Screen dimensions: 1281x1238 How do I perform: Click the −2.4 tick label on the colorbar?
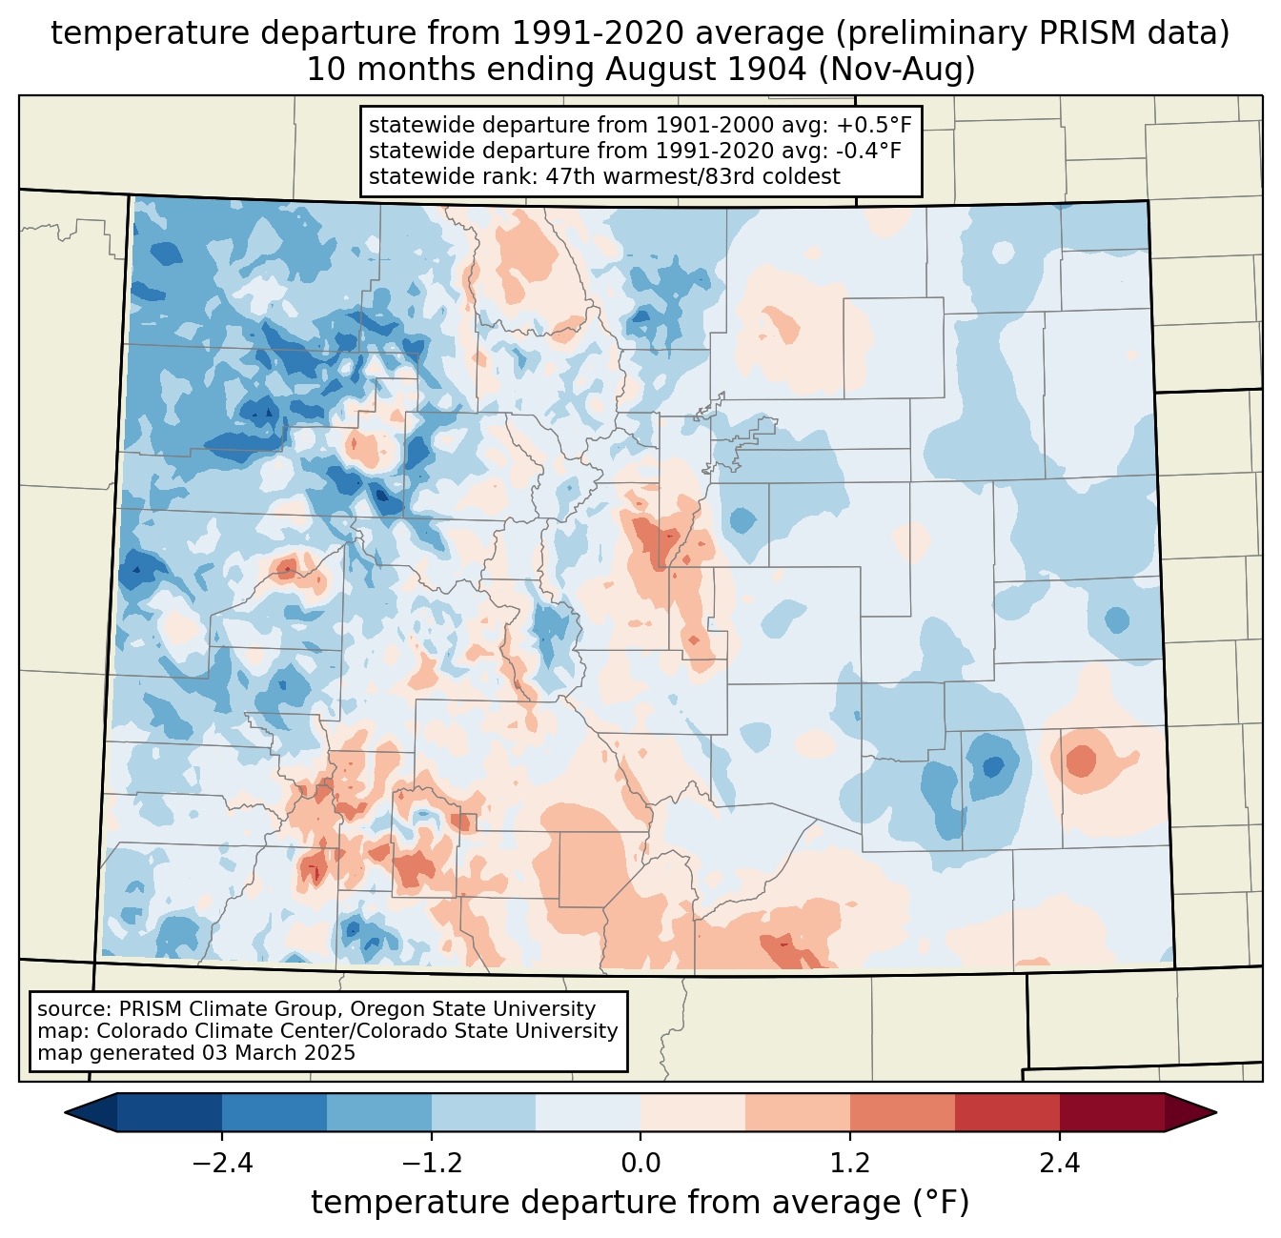[222, 1163]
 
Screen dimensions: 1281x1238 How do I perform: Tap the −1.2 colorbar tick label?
[432, 1163]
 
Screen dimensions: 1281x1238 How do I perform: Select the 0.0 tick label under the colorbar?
[640, 1163]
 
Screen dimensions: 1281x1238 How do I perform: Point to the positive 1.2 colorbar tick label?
[850, 1163]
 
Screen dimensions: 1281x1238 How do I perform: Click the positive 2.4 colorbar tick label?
[1060, 1163]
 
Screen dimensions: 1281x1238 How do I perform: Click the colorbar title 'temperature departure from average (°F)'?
[640, 1202]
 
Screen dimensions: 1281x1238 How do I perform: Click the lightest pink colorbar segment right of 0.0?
[693, 1113]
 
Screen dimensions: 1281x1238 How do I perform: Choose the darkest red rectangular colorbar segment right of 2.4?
[1112, 1113]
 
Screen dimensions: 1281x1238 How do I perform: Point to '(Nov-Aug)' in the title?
[896, 70]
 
